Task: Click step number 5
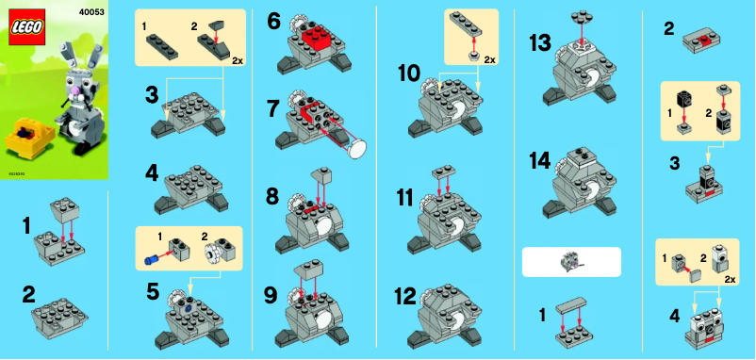[153, 291]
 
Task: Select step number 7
[273, 108]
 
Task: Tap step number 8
[273, 197]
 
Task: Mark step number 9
[273, 294]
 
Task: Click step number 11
[405, 199]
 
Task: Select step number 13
[540, 44]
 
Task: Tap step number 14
[540, 160]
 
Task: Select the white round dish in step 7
[357, 146]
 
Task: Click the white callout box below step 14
[571, 261]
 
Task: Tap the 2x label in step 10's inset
[489, 58]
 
